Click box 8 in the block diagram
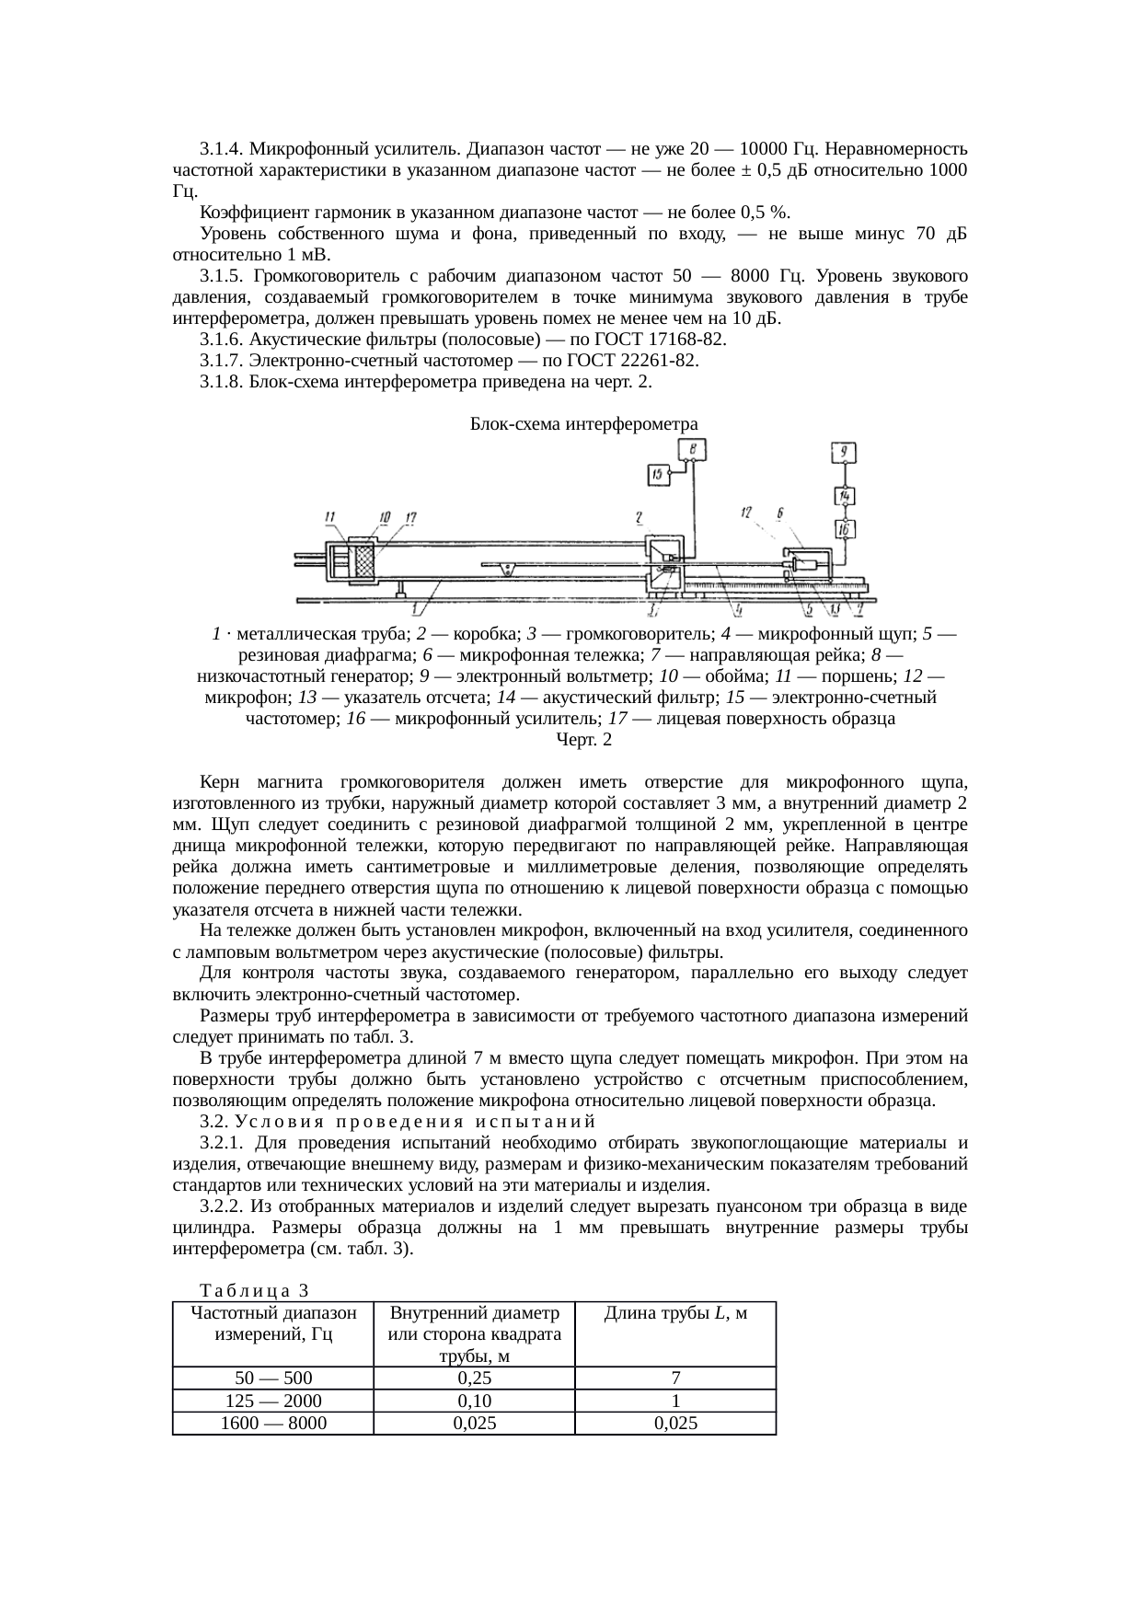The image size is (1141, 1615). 692,449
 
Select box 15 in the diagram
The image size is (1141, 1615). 659,475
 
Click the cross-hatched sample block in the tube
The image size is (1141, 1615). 366,563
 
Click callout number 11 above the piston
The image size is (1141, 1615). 330,517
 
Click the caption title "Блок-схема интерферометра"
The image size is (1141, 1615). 583,423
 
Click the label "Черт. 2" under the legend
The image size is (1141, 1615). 583,739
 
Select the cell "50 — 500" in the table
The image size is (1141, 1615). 273,1378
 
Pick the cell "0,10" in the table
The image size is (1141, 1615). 474,1401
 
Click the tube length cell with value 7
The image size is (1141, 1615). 675,1378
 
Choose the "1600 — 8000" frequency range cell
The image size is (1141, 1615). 273,1423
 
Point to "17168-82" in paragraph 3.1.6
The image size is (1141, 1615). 680,340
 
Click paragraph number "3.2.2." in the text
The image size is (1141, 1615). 224,1205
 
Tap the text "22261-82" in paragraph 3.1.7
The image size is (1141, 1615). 651,361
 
